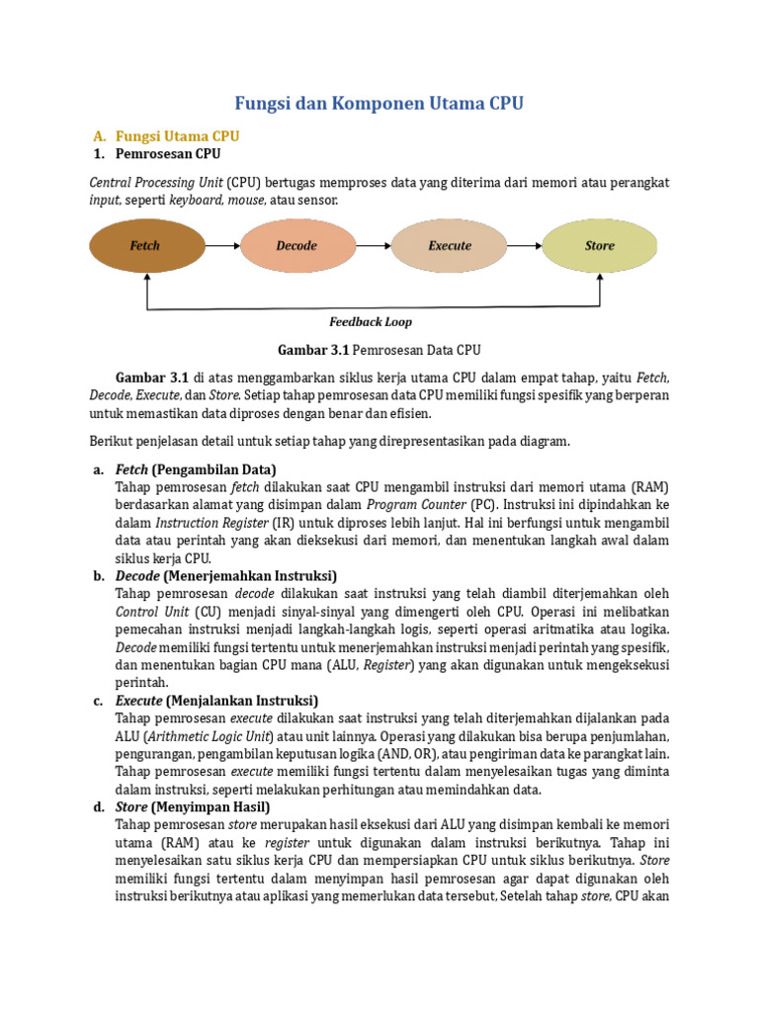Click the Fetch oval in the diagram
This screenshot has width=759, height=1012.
(145, 245)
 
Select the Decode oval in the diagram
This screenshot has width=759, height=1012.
(296, 245)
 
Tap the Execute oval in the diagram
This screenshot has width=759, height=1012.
(449, 245)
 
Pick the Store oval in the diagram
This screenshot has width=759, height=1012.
(600, 245)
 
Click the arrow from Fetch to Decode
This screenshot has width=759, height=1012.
(221, 245)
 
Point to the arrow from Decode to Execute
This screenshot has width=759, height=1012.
(373, 245)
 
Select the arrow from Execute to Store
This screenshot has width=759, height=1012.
(524, 245)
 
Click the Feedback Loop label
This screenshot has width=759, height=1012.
(371, 322)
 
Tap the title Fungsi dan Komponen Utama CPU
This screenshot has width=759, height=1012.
(379, 103)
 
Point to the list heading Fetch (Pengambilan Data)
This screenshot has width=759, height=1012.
(196, 468)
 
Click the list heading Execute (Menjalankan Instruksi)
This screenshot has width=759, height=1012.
(216, 700)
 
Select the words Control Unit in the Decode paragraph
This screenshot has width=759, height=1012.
(148, 611)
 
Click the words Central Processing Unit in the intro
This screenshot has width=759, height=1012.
(155, 183)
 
